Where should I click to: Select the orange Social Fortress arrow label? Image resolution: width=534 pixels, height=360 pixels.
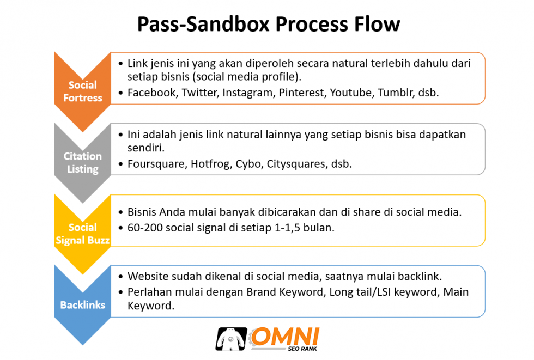click(82, 91)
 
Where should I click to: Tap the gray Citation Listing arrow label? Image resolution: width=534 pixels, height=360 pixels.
click(82, 162)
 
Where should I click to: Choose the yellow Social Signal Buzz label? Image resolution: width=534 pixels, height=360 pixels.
click(82, 234)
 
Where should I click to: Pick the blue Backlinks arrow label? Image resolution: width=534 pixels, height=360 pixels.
click(82, 305)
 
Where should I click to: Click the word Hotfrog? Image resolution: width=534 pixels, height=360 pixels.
click(210, 164)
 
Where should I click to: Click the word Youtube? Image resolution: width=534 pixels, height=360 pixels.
click(350, 93)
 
